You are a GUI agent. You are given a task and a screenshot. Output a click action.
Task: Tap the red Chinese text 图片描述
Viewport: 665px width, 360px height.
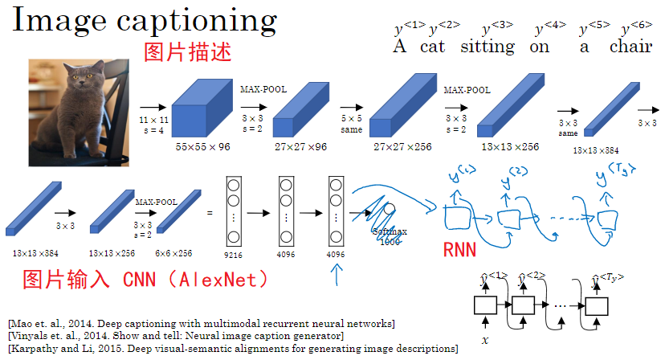[187, 54]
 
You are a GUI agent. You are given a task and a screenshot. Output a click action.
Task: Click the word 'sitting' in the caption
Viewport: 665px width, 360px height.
[488, 46]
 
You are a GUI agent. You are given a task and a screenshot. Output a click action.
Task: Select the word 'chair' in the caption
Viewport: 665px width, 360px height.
[630, 46]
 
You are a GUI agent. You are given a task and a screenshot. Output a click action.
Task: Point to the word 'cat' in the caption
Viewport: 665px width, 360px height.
[432, 46]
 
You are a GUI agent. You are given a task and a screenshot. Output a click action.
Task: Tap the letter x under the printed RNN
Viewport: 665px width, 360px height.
[485, 340]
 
